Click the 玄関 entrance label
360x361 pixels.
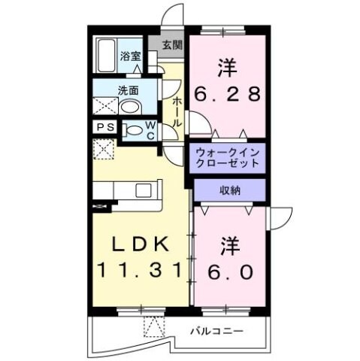click(171, 44)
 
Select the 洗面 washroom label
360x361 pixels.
click(127, 91)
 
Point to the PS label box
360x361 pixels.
click(104, 127)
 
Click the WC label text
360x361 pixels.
click(150, 129)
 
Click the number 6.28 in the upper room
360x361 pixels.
click(228, 95)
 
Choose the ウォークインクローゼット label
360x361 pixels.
click(227, 157)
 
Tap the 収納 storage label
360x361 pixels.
click(230, 190)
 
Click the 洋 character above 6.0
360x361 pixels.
click(230, 244)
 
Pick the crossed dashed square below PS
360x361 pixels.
click(103, 148)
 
